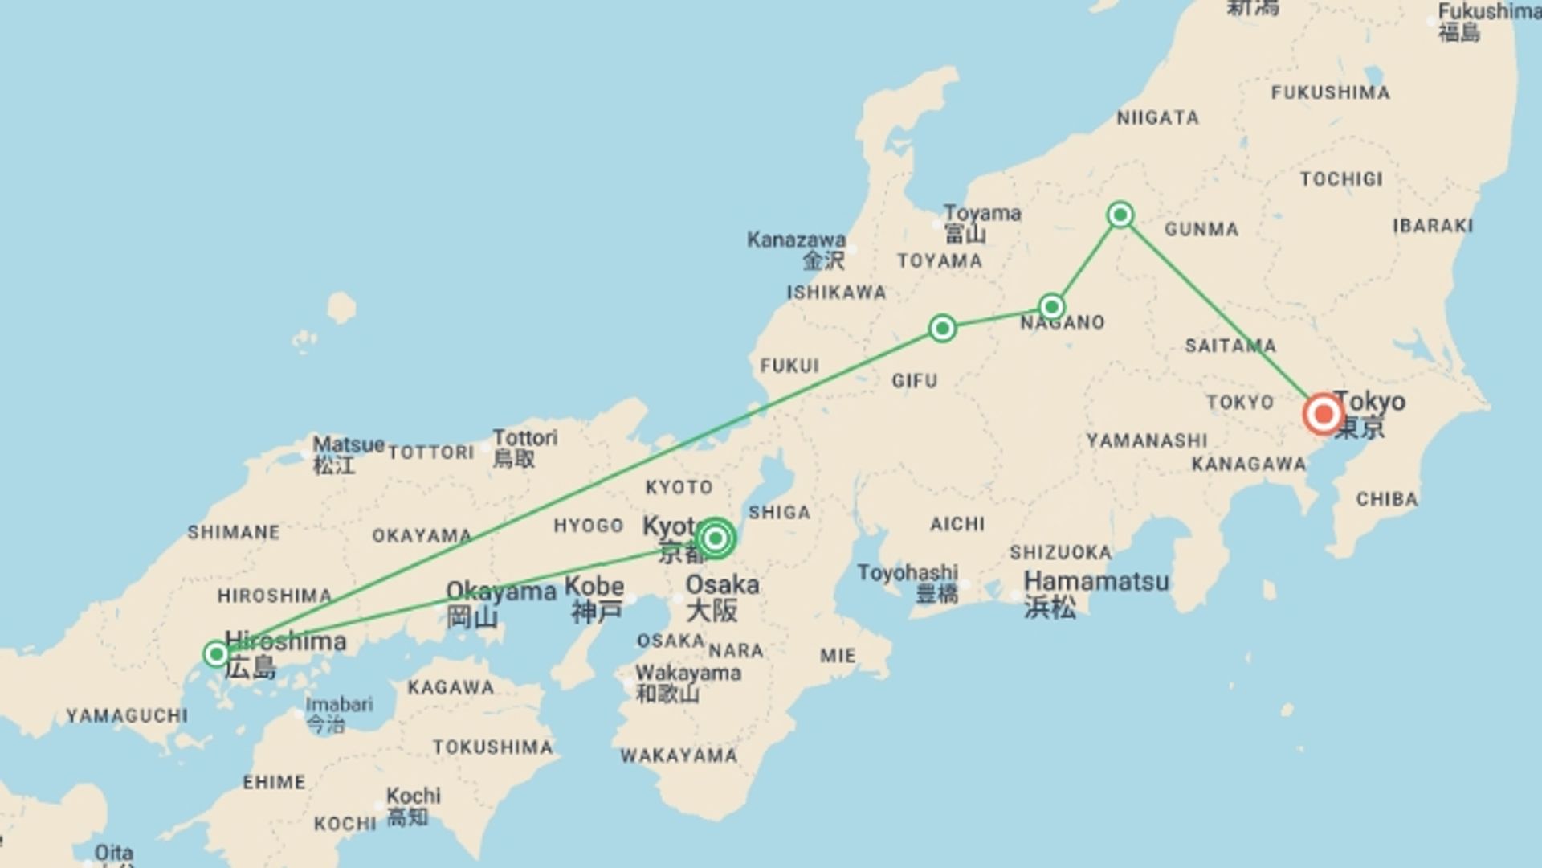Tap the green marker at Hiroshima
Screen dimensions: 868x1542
[216, 654]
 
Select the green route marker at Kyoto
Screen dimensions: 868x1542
[715, 538]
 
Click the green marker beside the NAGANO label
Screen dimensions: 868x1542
[1051, 306]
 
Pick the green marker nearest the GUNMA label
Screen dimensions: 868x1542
[1120, 215]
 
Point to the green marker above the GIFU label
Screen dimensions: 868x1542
[942, 328]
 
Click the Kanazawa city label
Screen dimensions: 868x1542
[796, 240]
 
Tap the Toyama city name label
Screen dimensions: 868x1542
[981, 214]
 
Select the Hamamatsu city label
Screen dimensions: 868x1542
[1096, 581]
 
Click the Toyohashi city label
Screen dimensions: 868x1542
[908, 573]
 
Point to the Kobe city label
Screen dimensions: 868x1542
[594, 587]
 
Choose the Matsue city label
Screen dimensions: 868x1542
[348, 444]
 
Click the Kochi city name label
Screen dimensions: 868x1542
[414, 796]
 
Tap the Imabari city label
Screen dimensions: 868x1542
[339, 705]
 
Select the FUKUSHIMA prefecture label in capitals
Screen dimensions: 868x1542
[1330, 93]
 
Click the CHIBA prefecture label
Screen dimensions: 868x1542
[1387, 500]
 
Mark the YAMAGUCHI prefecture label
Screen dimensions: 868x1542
[127, 715]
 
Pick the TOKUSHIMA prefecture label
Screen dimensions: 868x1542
[492, 747]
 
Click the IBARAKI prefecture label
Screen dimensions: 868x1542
[1433, 226]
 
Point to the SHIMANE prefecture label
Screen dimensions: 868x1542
[234, 532]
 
